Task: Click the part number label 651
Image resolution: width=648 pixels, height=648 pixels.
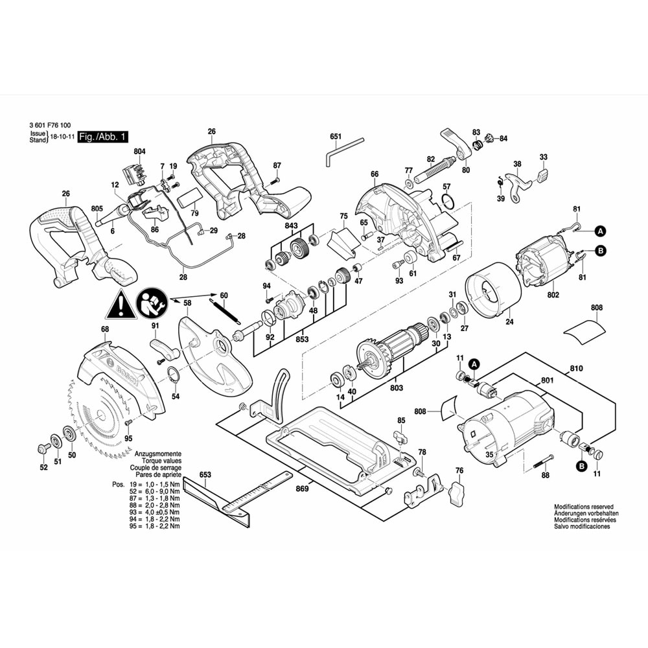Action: point(336,137)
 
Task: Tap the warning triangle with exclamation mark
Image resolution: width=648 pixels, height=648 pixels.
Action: point(121,305)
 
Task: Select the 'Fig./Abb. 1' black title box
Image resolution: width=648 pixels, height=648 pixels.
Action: point(103,137)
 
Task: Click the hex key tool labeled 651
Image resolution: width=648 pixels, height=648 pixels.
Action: point(343,152)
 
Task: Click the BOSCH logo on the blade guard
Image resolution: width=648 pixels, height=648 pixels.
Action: point(127,376)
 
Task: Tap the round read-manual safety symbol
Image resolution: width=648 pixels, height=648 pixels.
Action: point(152,304)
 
